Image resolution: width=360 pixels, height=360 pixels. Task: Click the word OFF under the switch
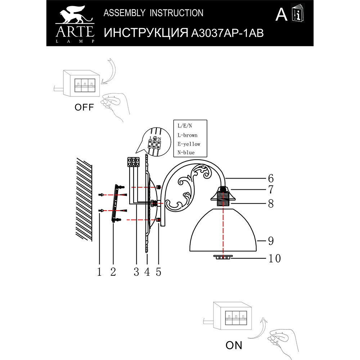coord(84,107)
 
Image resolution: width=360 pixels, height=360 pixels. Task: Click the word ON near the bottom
coord(234,345)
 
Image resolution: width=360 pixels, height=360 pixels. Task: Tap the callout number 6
coord(271,178)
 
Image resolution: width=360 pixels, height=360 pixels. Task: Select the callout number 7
coord(271,189)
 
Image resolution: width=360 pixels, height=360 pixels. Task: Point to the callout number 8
coord(271,203)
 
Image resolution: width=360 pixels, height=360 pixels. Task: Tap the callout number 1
coord(99,272)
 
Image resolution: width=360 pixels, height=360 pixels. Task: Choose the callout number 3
coord(136,272)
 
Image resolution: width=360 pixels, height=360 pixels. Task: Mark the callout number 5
coord(158,272)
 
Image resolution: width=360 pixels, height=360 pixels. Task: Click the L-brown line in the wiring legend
coord(187,135)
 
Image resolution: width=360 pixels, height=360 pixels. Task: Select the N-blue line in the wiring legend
coord(186,153)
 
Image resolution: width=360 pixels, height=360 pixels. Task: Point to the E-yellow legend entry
coord(189,144)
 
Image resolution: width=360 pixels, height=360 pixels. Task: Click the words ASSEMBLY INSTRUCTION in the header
coord(153,13)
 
